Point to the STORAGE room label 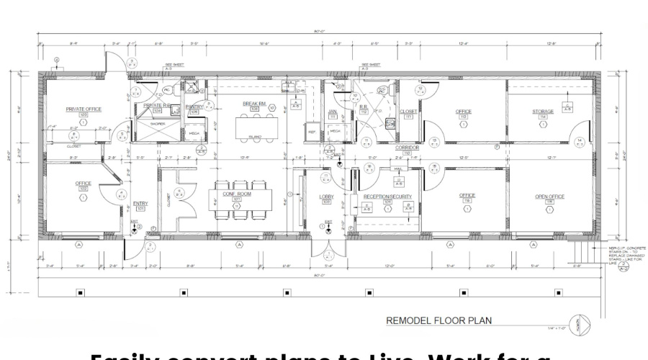point(543,112)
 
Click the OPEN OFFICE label point(549,196)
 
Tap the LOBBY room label point(327,196)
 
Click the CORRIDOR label point(407,146)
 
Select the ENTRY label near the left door point(140,203)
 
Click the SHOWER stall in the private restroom point(158,125)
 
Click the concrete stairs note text point(619,256)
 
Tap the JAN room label point(332,112)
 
